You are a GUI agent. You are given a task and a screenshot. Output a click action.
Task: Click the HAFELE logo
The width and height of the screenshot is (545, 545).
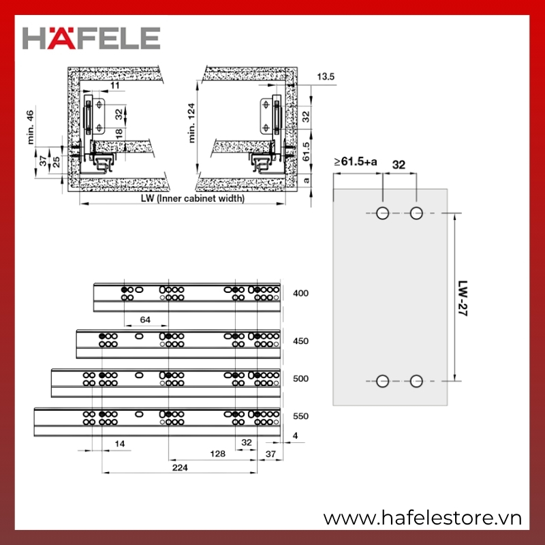click(x=91, y=37)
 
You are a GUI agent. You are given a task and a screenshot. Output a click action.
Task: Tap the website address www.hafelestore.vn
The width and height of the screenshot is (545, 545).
click(x=422, y=518)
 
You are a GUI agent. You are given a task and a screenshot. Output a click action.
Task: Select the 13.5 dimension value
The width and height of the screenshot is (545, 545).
click(x=326, y=76)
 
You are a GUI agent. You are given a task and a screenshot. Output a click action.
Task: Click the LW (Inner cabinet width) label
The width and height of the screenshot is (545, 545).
click(x=193, y=198)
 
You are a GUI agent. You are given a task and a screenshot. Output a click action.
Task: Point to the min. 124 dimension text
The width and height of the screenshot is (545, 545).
click(x=191, y=123)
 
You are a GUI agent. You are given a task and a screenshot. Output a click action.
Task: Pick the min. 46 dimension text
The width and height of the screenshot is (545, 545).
click(x=31, y=127)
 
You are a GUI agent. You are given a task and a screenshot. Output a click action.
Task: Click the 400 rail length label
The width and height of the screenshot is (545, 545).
click(x=300, y=294)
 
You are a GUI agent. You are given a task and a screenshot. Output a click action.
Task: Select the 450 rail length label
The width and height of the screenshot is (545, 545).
click(x=300, y=341)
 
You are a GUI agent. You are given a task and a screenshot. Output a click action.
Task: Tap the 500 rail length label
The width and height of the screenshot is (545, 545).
click(x=300, y=379)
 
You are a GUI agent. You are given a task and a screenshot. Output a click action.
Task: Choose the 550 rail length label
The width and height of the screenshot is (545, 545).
click(x=300, y=416)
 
